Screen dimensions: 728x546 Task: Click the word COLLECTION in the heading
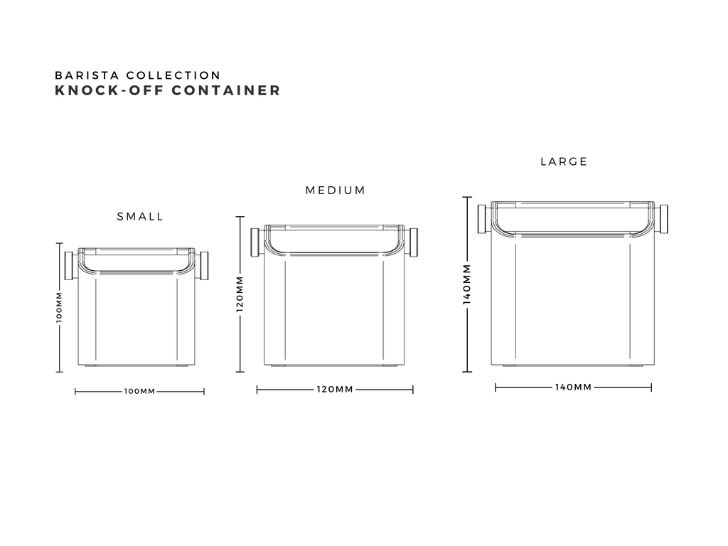tap(173, 75)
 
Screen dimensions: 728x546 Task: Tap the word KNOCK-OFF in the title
tap(109, 90)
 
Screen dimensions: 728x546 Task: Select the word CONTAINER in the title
tap(226, 90)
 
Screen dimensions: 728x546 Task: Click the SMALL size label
tap(140, 217)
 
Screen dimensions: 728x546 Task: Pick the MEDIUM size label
tap(336, 191)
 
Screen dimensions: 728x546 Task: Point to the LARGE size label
tap(564, 161)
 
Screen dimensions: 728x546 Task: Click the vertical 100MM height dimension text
tap(59, 307)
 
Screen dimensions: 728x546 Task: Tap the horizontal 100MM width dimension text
tap(139, 392)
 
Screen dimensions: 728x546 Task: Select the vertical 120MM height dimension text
tap(240, 294)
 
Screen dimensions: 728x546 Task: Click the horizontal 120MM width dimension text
tap(336, 389)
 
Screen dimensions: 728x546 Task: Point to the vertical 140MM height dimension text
tap(467, 284)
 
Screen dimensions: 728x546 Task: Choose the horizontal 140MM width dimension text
tap(574, 387)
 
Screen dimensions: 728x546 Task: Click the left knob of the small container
tap(69, 266)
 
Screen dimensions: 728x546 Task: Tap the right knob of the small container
tap(203, 266)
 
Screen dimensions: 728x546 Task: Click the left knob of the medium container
tap(255, 242)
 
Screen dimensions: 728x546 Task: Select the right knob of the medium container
tap(413, 242)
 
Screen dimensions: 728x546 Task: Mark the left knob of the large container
tap(482, 219)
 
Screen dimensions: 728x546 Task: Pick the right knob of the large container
tap(663, 219)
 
